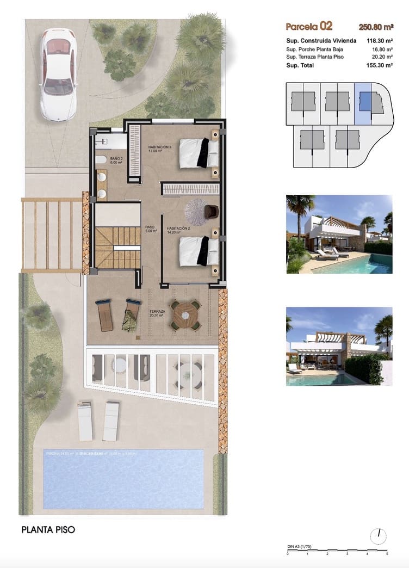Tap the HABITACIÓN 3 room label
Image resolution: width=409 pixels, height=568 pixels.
pos(160,149)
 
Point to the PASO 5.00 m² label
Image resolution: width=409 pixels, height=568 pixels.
pos(151,230)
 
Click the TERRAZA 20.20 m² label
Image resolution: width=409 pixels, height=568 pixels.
pos(158,313)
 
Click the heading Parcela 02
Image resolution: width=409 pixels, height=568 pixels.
pos(309,26)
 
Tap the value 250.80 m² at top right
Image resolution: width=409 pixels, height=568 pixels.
pos(376,26)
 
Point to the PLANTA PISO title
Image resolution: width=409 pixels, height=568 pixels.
pos(48,529)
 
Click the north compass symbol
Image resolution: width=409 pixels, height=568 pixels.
pos(378,536)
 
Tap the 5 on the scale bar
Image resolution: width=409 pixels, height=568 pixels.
pos(387,554)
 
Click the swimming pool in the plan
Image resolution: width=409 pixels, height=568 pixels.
pos(123,479)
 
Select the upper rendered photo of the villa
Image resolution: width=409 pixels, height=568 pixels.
pos(339,234)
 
